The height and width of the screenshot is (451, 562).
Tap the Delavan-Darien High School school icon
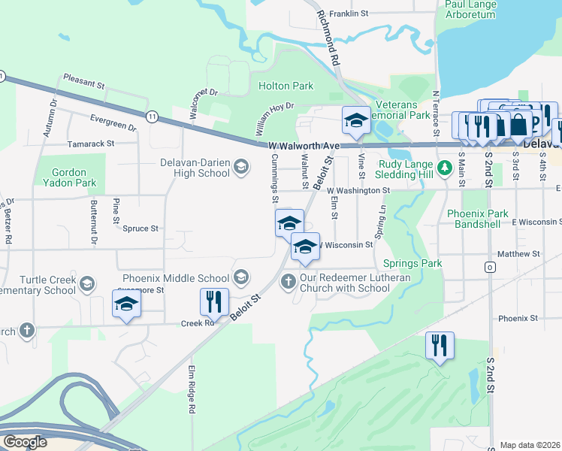tap(241, 167)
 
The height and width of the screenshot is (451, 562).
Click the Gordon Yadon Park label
tap(74, 177)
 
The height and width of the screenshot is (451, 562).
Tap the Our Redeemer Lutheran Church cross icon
tap(287, 282)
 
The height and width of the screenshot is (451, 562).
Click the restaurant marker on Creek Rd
tap(214, 301)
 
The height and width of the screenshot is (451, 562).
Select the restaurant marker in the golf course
tap(440, 345)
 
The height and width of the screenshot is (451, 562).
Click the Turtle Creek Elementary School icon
tap(87, 283)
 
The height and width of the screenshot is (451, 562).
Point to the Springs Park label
tap(412, 263)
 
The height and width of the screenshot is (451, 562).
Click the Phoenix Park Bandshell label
tap(478, 219)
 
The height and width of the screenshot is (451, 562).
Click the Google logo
tap(25, 441)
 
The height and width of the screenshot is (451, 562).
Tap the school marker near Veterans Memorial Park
tap(355, 120)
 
